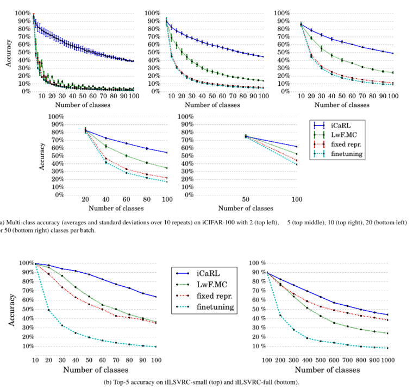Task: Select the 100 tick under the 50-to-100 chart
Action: pyautogui.click(x=297, y=200)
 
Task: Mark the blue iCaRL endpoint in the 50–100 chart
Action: pyautogui.click(x=297, y=146)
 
